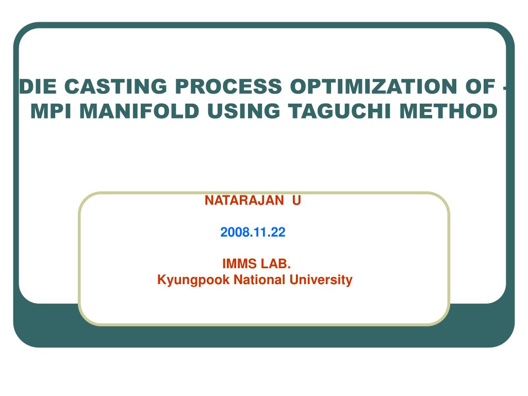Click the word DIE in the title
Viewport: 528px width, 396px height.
(x=38, y=86)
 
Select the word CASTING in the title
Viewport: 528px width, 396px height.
(x=115, y=86)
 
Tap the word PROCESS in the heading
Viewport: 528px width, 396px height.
(x=228, y=86)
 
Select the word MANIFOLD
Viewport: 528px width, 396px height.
(x=139, y=111)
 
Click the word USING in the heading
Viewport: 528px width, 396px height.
(x=243, y=111)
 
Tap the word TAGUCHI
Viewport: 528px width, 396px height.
(x=339, y=111)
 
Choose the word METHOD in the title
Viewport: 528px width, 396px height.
(x=449, y=111)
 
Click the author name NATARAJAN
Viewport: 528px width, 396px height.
(x=244, y=201)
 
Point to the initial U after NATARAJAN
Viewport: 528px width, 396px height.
(x=296, y=201)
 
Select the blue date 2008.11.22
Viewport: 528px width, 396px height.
(x=253, y=232)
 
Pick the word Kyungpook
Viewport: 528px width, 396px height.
(x=193, y=280)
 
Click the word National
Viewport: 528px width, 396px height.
(x=260, y=279)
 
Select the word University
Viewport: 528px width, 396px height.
(x=321, y=280)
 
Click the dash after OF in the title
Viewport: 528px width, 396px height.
(x=505, y=88)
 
